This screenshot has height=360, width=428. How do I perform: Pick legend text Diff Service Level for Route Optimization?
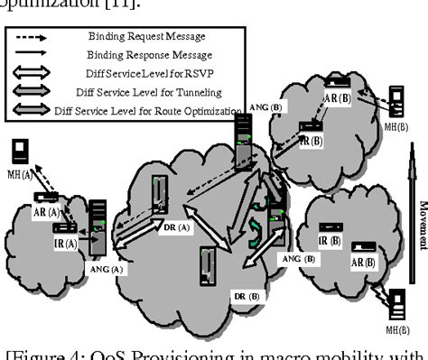169,111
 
